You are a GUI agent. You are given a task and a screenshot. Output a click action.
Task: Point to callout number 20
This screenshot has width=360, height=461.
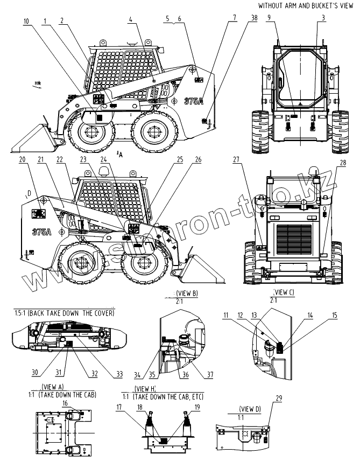click(22, 159)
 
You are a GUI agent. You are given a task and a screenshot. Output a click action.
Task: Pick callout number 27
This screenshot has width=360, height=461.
click(235, 159)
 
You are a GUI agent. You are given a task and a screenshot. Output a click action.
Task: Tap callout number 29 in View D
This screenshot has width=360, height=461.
click(279, 398)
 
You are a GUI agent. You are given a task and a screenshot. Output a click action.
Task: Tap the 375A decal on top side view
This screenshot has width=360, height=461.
click(193, 101)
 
